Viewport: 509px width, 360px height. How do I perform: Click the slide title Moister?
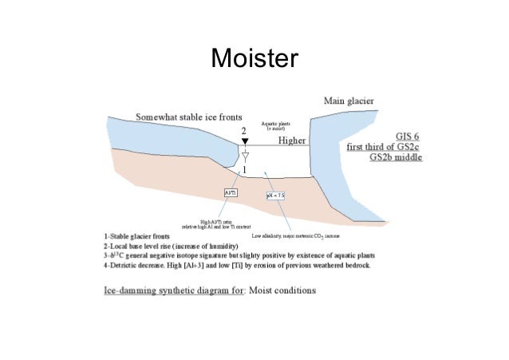click(x=254, y=59)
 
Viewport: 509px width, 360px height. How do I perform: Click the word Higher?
click(x=292, y=140)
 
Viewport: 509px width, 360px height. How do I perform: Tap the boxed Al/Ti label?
click(x=231, y=192)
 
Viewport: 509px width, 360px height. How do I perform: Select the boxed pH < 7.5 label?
click(x=275, y=196)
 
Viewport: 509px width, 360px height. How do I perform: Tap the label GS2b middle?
click(x=397, y=158)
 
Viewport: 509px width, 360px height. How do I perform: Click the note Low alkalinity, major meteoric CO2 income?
click(x=301, y=236)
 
